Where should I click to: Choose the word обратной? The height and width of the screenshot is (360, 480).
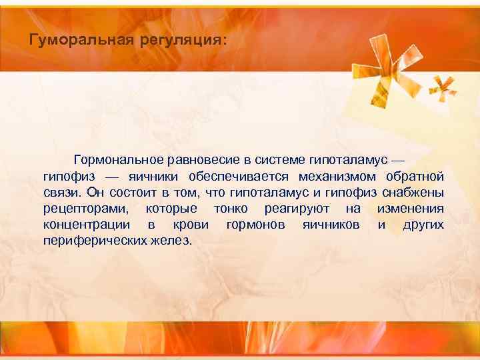pos(414,177)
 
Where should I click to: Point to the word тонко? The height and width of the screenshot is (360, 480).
pos(231,209)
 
